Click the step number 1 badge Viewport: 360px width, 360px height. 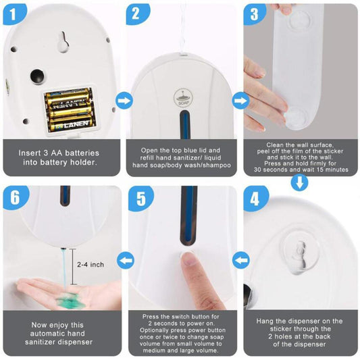pyautogui.click(x=14, y=14)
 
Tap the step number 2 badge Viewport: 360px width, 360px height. pyautogui.click(x=137, y=14)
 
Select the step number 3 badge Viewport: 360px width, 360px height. pyautogui.click(x=255, y=14)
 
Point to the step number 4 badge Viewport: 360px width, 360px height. pyautogui.click(x=255, y=199)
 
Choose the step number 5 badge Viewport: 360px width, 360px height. pyautogui.click(x=140, y=199)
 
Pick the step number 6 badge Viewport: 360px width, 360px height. pyautogui.click(x=16, y=198)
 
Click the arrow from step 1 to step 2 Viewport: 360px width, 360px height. pyautogui.click(x=124, y=101)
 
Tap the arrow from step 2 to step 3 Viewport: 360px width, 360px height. pyautogui.click(x=241, y=101)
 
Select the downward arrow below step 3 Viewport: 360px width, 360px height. pyautogui.click(x=300, y=183)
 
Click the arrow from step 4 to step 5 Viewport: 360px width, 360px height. pyautogui.click(x=241, y=260)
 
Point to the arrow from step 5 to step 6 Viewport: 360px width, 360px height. pyautogui.click(x=126, y=260)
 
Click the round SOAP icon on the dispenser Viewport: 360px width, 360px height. pyautogui.click(x=183, y=97)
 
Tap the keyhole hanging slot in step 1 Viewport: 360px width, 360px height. pyautogui.click(x=63, y=41)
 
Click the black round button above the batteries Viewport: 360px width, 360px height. pyautogui.click(x=37, y=76)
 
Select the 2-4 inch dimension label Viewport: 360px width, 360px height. pyautogui.click(x=91, y=265)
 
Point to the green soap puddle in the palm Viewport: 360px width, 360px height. pyautogui.click(x=71, y=300)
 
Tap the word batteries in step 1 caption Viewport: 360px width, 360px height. pyautogui.click(x=82, y=153)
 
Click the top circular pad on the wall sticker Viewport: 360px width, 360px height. pyautogui.click(x=300, y=21)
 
